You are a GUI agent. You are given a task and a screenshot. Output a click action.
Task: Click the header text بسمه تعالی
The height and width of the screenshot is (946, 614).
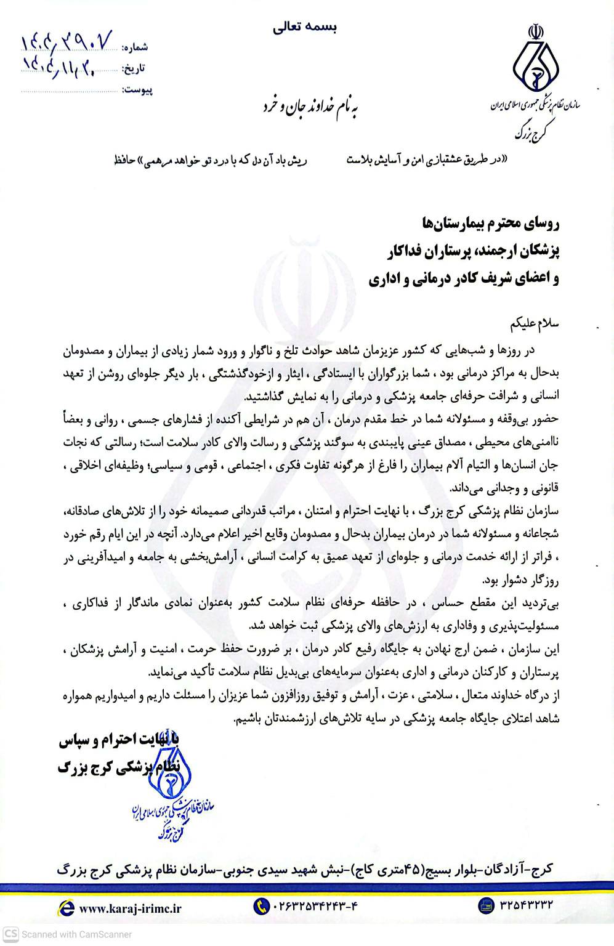pos(305,28)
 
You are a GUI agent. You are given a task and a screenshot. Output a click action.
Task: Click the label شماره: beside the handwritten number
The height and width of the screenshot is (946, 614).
pos(135,47)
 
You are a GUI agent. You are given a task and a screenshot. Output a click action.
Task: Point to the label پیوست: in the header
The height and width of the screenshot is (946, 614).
pos(137,91)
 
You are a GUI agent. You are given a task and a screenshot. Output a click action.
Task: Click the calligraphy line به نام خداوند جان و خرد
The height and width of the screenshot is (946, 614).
pos(310,108)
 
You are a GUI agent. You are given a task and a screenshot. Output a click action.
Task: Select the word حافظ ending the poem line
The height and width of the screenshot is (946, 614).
pos(124,161)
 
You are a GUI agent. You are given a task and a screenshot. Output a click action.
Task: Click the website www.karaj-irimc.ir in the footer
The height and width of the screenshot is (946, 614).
pos(130,907)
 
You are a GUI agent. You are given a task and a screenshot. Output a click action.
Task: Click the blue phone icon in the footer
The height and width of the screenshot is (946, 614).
pos(261,906)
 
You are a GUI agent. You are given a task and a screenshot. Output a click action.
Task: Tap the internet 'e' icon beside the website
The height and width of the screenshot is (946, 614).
pos(65,907)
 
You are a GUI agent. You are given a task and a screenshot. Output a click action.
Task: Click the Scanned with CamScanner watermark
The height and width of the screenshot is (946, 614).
pos(68,934)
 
